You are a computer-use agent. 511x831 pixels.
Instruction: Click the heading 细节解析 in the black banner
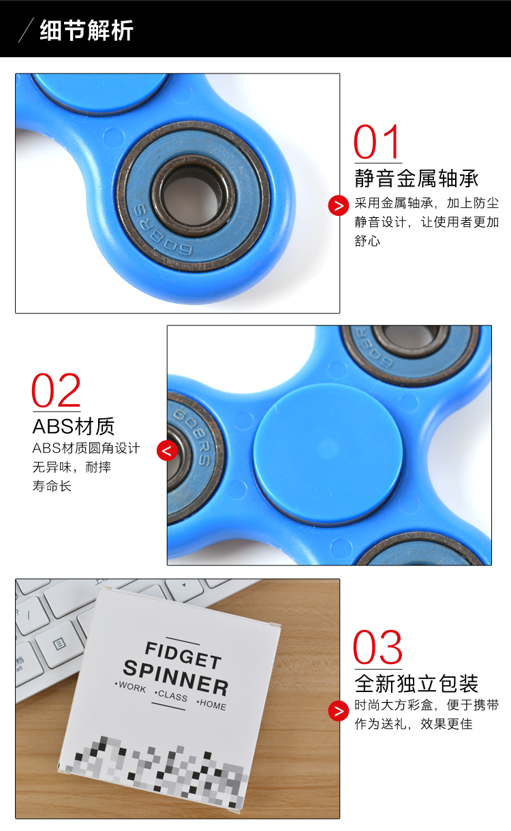pos(87,31)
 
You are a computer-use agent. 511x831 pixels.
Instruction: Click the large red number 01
pos(379,142)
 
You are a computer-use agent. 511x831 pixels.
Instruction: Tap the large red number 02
pos(57,391)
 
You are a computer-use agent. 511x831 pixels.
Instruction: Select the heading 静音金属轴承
pos(416,178)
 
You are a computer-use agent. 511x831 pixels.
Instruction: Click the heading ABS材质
pos(74,427)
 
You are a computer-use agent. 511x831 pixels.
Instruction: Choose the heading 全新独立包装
pos(416,683)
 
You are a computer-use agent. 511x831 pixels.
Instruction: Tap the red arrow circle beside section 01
pos(339,204)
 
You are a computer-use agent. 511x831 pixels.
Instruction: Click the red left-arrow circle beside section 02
pos(167,450)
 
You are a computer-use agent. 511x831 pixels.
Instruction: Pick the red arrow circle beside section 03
pos(339,710)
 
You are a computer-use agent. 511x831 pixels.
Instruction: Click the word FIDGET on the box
pos(183,654)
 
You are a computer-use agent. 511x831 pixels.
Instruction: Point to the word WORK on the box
pos(131,688)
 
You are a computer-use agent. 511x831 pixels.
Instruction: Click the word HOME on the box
pos(213,705)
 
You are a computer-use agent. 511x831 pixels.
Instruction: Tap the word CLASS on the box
pos(172,696)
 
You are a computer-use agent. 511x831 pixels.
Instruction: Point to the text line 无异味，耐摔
pos(72,467)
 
